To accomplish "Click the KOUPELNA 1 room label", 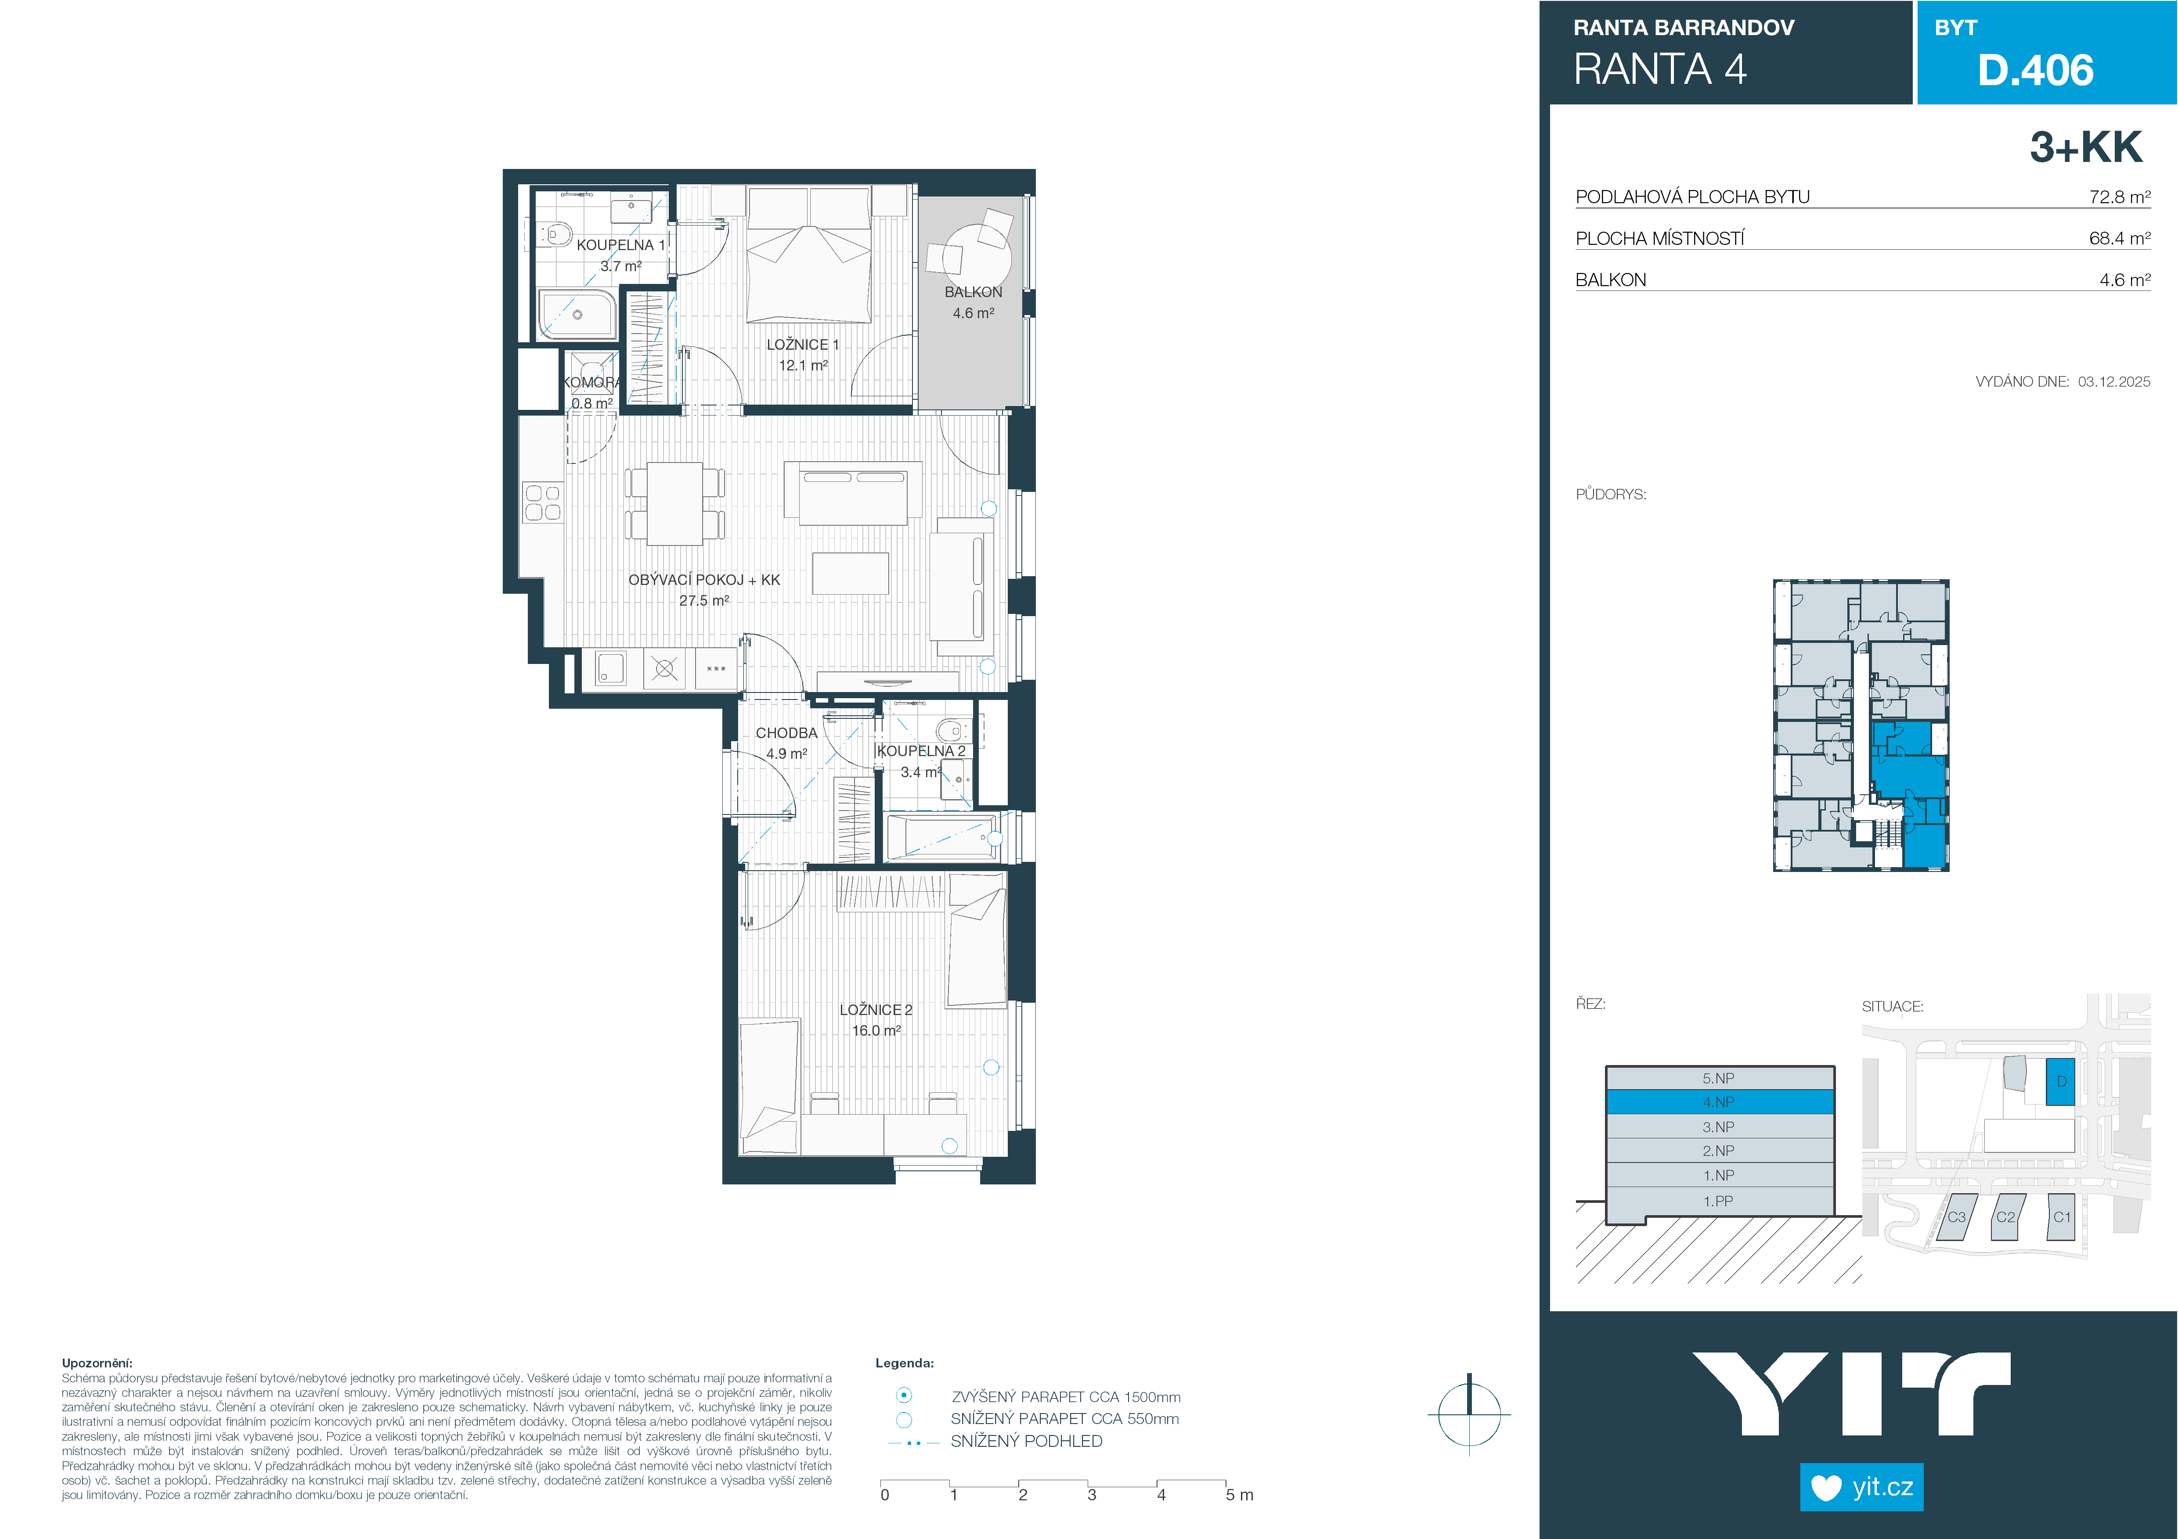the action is point(620,244).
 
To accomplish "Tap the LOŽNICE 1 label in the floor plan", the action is point(803,344).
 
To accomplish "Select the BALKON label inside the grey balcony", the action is point(973,292).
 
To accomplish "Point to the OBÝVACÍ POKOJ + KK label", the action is point(704,579).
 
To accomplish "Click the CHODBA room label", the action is point(786,733).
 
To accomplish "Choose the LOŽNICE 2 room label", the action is point(876,1010).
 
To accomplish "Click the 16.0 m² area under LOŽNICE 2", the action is point(876,1031).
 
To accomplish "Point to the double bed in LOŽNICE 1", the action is point(808,254).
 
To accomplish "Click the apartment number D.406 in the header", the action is point(2035,70).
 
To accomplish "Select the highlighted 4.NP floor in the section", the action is point(1719,1102).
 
